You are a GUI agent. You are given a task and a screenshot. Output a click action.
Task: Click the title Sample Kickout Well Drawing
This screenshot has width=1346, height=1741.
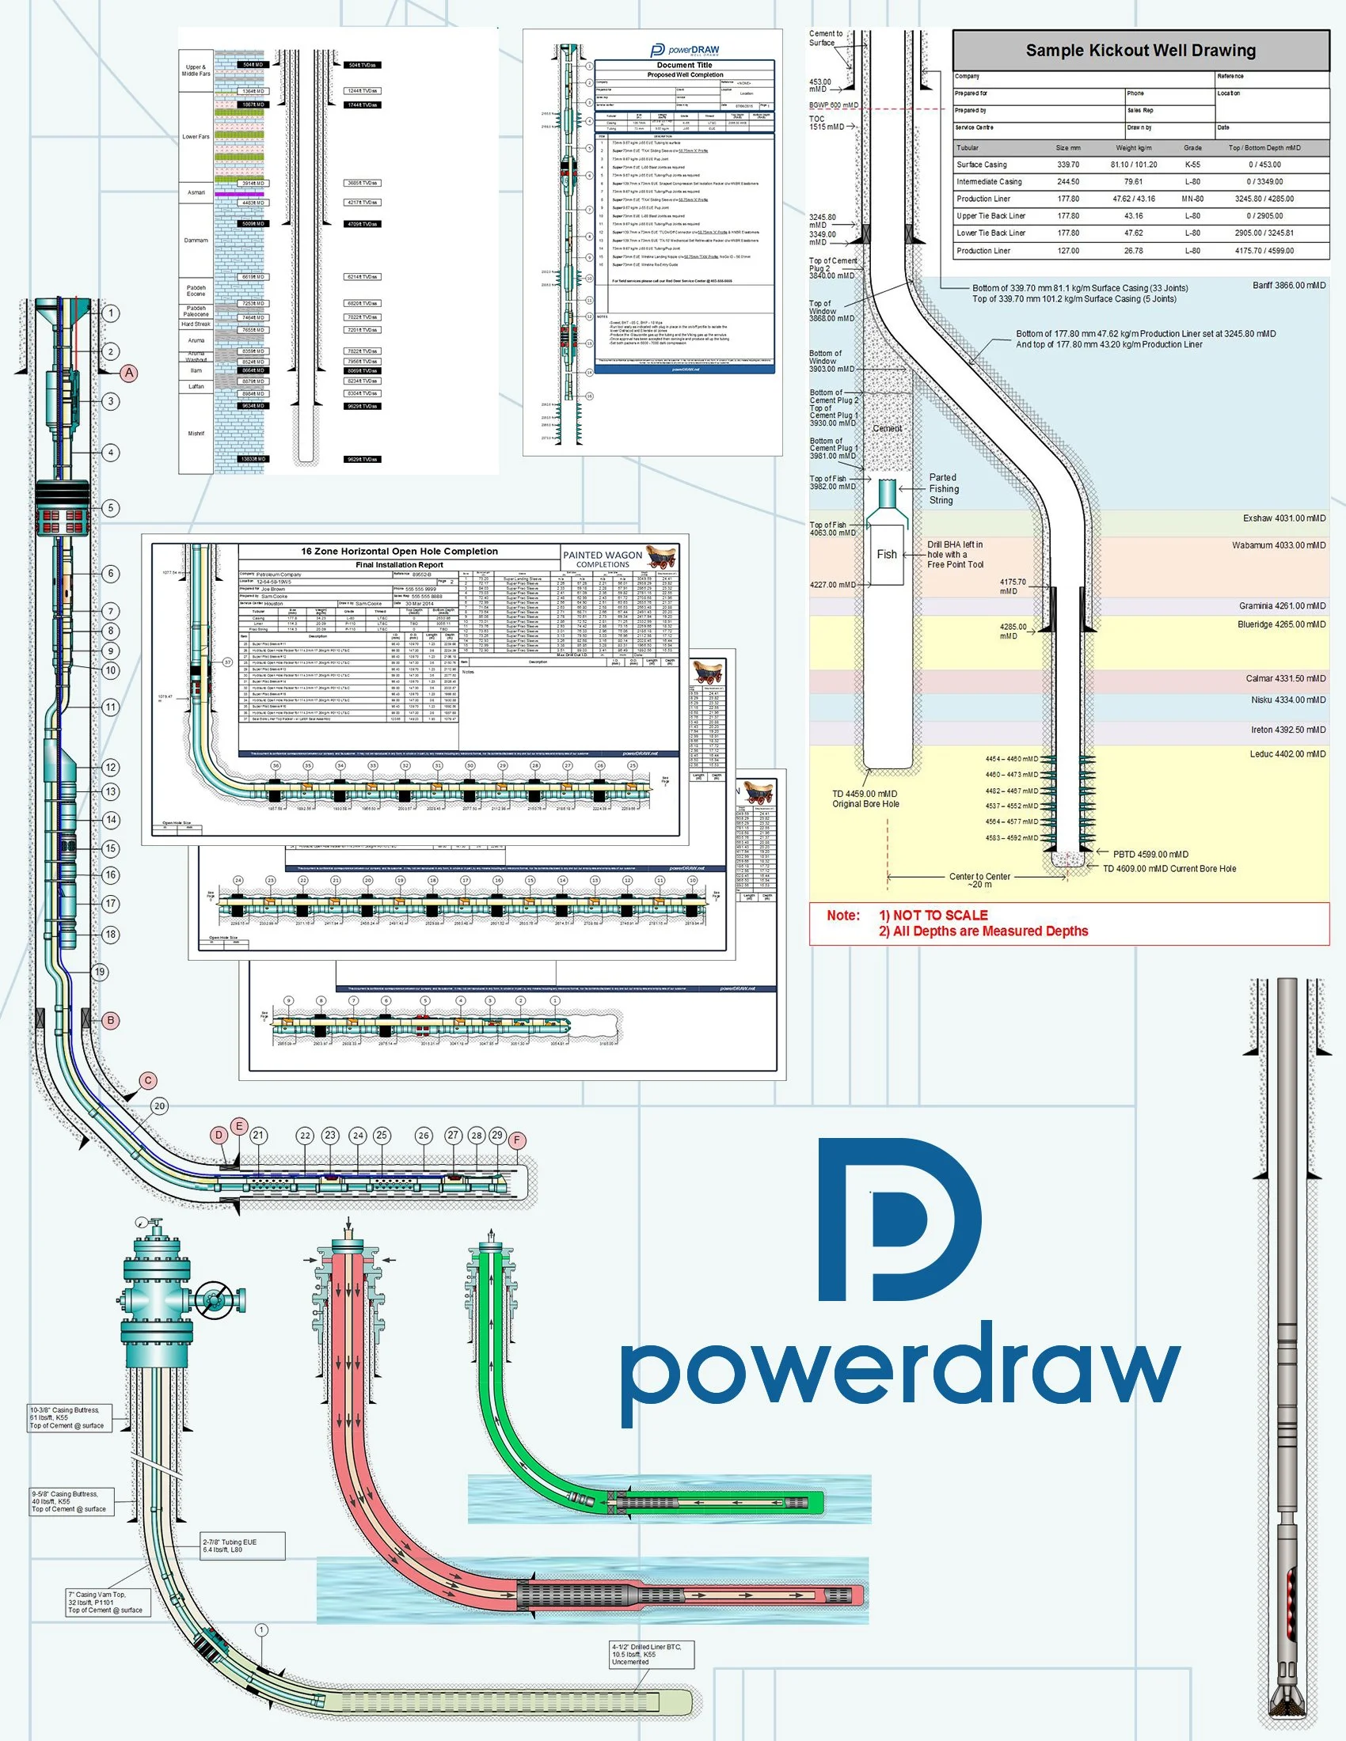1140,51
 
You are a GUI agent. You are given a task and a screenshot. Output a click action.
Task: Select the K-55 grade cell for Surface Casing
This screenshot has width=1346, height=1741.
1192,165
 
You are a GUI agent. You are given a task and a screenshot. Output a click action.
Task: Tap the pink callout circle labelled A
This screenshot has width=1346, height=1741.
129,372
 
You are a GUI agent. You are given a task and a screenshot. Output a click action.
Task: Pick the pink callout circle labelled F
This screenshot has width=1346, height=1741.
517,1140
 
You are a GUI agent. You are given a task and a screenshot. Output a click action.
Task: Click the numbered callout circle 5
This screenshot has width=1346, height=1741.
111,508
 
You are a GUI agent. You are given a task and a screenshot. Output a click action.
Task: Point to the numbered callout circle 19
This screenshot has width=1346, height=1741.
100,972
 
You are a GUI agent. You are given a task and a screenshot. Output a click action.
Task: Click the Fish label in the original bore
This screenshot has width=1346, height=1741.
887,555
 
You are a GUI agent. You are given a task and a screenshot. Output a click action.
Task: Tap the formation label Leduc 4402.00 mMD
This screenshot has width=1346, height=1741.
1287,754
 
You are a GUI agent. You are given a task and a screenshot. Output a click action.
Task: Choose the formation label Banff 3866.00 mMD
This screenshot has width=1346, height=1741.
1288,286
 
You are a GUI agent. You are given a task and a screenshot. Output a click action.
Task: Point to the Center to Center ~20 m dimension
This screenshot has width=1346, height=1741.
979,880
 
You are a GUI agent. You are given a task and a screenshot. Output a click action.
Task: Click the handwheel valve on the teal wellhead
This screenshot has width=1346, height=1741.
215,1300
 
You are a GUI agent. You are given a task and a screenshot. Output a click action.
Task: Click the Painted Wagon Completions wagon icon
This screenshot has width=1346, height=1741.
661,556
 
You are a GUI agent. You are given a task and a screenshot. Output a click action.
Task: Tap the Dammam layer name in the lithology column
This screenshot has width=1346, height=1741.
196,240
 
